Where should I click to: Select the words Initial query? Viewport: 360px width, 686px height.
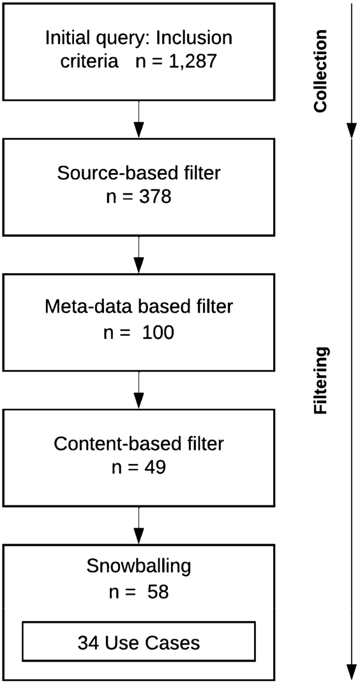(96, 38)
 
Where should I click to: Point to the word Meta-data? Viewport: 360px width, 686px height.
(88, 307)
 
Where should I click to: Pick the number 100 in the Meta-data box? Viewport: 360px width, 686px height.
(158, 332)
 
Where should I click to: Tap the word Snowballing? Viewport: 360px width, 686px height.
(139, 567)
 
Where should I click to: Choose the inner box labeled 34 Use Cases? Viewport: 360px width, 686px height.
(139, 641)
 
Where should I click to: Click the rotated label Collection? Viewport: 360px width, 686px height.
(320, 71)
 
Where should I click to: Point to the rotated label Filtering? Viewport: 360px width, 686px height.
(321, 380)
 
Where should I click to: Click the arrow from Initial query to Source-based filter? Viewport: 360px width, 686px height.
(139, 119)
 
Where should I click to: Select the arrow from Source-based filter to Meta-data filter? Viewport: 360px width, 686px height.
(139, 255)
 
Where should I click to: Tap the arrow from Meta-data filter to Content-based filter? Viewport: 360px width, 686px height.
(139, 390)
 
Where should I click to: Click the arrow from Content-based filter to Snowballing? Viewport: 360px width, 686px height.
(139, 526)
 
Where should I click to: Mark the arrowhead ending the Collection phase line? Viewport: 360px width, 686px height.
(352, 130)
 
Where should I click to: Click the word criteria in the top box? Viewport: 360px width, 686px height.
(89, 62)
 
